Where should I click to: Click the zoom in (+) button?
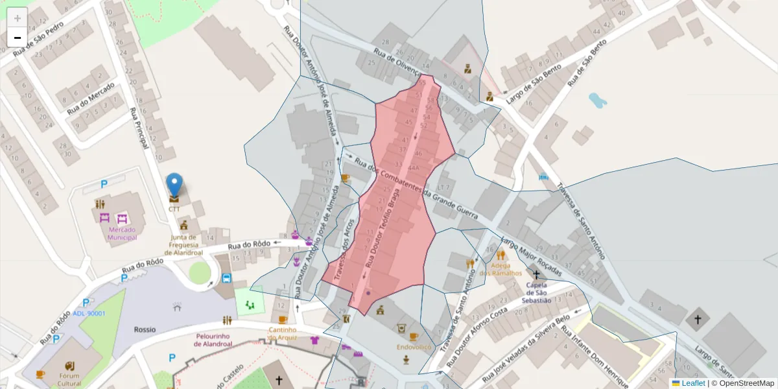point(18,18)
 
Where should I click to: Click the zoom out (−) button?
point(18,38)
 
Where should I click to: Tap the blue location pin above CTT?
point(174,186)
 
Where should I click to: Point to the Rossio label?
point(145,329)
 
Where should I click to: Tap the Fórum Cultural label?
point(69,380)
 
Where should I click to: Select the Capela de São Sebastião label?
point(536,292)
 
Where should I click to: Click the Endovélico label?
point(414,347)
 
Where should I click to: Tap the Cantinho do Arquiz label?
point(283,333)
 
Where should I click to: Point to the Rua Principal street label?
point(139,128)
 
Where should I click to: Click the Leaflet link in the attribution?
point(693,383)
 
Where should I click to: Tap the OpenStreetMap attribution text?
point(746,383)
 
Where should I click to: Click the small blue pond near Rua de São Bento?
point(597,100)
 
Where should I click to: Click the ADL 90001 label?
point(89,314)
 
